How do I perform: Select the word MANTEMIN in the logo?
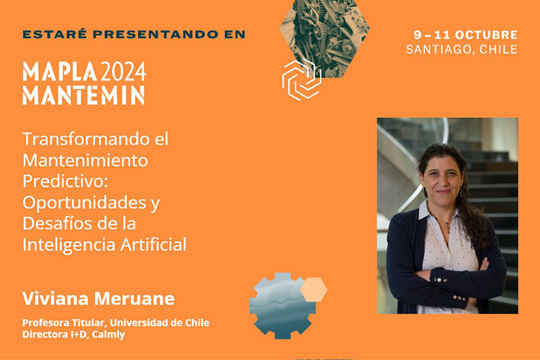[x=84, y=95]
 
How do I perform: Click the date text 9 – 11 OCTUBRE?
[x=466, y=35]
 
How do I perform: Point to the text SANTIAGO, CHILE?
[x=462, y=49]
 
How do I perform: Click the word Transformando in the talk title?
[x=86, y=139]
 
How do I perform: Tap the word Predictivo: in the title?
[x=66, y=181]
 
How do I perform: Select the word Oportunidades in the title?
[x=84, y=202]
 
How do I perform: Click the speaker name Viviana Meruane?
[x=99, y=298]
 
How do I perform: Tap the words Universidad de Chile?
[x=159, y=323]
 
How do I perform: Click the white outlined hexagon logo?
[x=302, y=80]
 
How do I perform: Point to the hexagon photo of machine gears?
[x=325, y=35]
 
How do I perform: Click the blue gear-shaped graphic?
[x=281, y=306]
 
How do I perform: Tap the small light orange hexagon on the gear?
[x=313, y=289]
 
